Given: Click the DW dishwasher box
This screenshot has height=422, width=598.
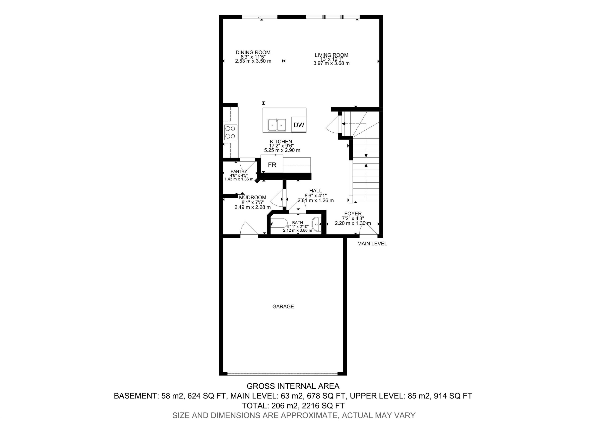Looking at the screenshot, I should click(299, 125).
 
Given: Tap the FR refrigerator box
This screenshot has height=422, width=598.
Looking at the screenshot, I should click(272, 165).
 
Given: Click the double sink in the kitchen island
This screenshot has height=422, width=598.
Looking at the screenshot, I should click(277, 125).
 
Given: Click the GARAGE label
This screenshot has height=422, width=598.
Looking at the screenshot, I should click(283, 306).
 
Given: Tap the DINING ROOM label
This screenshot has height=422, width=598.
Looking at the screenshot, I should click(253, 52).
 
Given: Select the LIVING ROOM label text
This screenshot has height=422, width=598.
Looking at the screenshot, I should click(331, 55).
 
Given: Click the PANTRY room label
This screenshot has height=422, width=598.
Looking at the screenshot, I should click(239, 171).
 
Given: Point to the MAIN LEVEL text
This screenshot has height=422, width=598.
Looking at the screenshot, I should click(372, 244).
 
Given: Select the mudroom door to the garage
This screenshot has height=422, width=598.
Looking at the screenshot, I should click(249, 230).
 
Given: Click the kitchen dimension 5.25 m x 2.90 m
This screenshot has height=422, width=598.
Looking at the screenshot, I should click(282, 150).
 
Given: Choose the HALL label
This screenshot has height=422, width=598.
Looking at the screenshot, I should click(315, 191).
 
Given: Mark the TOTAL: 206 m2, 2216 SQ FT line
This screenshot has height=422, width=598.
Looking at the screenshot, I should click(293, 406).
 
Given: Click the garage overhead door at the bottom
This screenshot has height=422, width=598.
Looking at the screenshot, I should click(283, 374).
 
